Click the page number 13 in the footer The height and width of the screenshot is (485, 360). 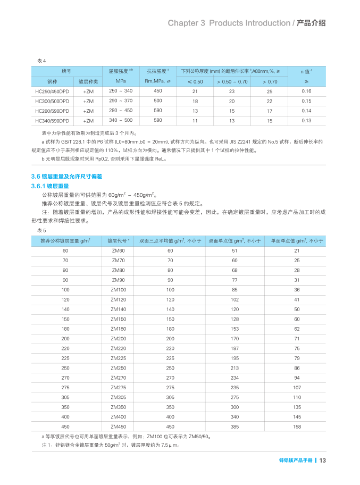[322, 461]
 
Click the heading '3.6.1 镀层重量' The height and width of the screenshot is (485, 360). [50, 186]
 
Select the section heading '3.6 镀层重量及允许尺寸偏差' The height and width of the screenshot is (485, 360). [66, 176]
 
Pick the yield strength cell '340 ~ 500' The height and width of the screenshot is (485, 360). [121, 121]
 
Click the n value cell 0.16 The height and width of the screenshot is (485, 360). [306, 91]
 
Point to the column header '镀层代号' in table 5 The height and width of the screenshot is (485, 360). [119, 241]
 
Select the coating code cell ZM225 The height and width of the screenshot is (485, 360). [119, 358]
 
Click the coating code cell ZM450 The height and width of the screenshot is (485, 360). [119, 427]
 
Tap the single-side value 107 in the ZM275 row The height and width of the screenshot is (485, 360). [297, 387]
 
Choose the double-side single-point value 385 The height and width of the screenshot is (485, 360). [235, 427]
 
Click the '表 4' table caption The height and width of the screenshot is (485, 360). [41, 61]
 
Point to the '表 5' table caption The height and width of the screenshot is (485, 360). [41, 230]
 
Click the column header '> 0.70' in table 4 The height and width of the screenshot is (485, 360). [270, 81]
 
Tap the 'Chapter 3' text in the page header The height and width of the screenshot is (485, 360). [186, 23]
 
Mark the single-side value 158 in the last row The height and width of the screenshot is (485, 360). [297, 427]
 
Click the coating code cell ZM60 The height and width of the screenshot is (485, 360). [119, 250]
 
